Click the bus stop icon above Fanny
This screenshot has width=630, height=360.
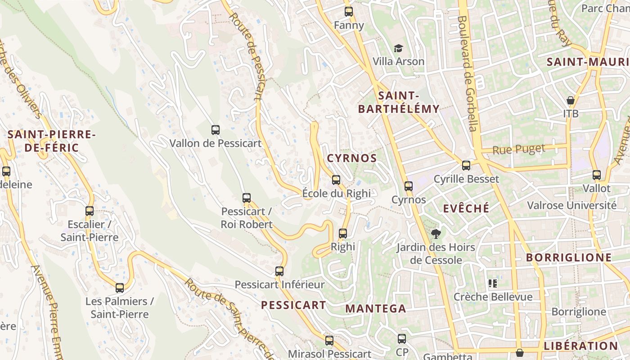point(349,12)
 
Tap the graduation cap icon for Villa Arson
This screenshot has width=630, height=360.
point(398,48)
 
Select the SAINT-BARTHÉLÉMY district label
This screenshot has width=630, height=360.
point(399,102)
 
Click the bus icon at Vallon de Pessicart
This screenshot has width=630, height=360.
point(216,130)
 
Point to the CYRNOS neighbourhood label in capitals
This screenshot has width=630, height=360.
point(352,158)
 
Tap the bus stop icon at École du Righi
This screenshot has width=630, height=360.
point(336,180)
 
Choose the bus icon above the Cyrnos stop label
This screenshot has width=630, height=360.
point(409,186)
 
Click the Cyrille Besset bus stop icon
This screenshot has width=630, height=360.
point(466,165)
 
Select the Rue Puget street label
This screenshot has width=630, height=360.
point(519,149)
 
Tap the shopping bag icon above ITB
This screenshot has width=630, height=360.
point(571,100)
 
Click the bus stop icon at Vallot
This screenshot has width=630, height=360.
point(597,175)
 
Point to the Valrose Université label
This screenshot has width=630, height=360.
point(571,206)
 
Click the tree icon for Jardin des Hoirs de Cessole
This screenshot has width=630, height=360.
point(436,234)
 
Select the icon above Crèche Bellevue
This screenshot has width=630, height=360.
point(493,283)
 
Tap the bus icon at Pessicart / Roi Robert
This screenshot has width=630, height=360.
point(247,198)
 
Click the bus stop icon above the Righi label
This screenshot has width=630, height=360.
point(343,234)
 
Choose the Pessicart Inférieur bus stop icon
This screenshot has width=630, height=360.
point(279,271)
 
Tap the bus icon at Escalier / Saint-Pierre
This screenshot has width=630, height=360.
point(90,211)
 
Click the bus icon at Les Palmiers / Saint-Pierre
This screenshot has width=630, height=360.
point(120,288)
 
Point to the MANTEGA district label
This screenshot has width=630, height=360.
point(376,309)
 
